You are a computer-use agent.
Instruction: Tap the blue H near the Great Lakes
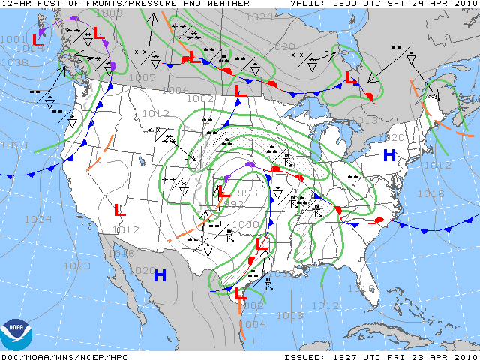pos(389,155)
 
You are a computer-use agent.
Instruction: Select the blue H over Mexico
pos(160,275)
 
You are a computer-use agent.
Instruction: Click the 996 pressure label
pos(247,193)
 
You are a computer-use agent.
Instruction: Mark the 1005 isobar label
pos(142,76)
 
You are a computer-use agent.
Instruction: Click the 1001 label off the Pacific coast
pos(12,39)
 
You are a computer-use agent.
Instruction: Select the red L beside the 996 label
pos(223,192)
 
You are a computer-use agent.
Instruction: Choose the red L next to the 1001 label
pos(36,38)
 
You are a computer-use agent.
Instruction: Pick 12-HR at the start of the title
pos(15,4)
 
